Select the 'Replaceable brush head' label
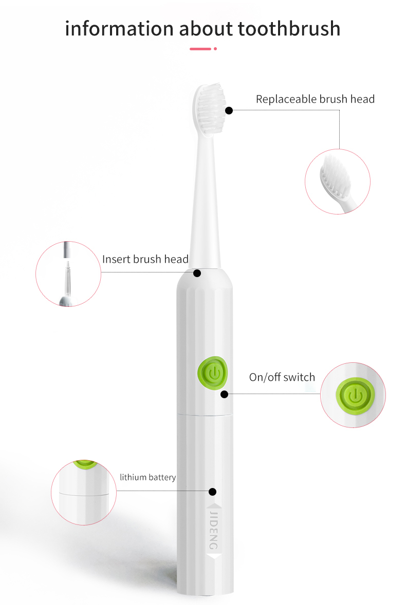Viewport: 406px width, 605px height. [x=315, y=99]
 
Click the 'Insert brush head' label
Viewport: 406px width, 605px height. [x=145, y=259]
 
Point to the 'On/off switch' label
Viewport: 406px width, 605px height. [x=282, y=377]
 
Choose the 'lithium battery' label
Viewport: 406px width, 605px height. [x=147, y=477]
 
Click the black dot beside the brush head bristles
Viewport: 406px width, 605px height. [x=229, y=110]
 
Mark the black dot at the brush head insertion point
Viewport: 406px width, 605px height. [x=197, y=274]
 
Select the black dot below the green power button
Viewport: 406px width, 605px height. [x=224, y=394]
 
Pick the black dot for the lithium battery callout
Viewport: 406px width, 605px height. [x=212, y=492]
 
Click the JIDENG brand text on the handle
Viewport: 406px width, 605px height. [x=214, y=531]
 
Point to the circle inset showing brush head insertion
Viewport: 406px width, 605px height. [x=68, y=274]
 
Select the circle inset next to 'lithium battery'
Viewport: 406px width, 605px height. [x=84, y=493]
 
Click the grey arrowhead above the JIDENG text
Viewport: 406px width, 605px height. [x=213, y=507]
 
